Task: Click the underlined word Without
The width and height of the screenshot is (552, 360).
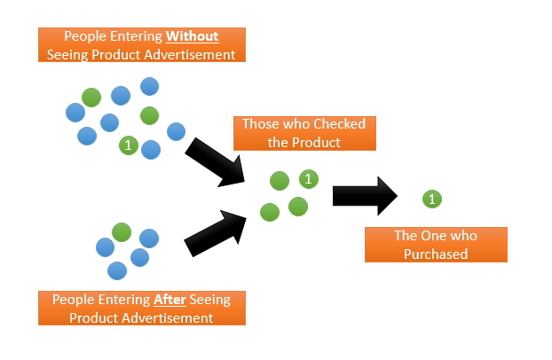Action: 193,36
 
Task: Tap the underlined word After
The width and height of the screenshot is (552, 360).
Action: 170,300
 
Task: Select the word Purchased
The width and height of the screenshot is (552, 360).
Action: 436,254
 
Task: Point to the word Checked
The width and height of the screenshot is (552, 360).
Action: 339,124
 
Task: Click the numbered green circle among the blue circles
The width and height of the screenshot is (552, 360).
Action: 129,145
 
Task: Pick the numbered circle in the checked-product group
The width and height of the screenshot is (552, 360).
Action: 309,179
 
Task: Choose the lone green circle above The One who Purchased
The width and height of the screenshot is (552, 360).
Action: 432,199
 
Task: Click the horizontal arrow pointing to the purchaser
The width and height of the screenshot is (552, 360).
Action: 365,196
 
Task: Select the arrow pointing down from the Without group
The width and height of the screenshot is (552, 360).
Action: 215,162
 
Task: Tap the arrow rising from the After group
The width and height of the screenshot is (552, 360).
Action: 215,233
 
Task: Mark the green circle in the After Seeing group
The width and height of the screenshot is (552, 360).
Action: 122,232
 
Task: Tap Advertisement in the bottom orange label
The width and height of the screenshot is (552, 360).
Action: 170,318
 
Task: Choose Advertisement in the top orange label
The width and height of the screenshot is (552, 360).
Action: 190,55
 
